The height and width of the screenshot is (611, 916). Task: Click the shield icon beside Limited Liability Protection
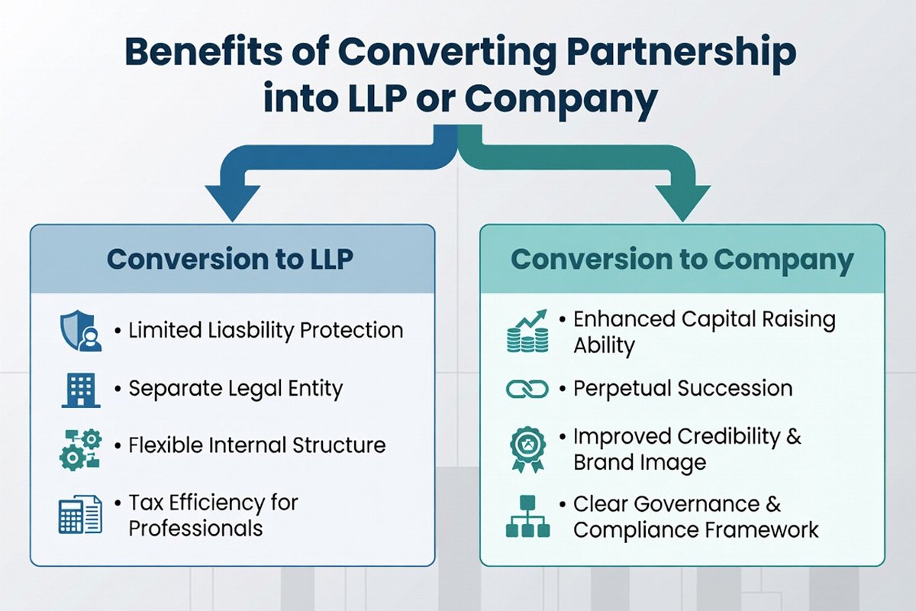pyautogui.click(x=80, y=331)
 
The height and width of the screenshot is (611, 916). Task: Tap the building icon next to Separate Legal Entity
pyautogui.click(x=80, y=389)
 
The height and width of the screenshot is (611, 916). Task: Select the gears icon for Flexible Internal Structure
pyautogui.click(x=80, y=448)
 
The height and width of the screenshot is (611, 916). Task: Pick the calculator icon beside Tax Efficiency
pyautogui.click(x=80, y=515)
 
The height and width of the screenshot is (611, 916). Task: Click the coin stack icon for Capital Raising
pyautogui.click(x=527, y=330)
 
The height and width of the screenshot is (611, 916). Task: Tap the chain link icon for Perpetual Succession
pyautogui.click(x=527, y=390)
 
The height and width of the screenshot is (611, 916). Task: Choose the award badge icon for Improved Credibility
pyautogui.click(x=527, y=448)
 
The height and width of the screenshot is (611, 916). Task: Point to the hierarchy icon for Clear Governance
pyautogui.click(x=527, y=516)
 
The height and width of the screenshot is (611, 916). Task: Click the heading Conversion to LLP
pyautogui.click(x=230, y=259)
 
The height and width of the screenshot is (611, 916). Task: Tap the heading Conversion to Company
pyautogui.click(x=682, y=259)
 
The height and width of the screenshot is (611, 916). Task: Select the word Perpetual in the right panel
pyautogui.click(x=616, y=388)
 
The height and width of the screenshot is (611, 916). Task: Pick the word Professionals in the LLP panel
pyautogui.click(x=195, y=528)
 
